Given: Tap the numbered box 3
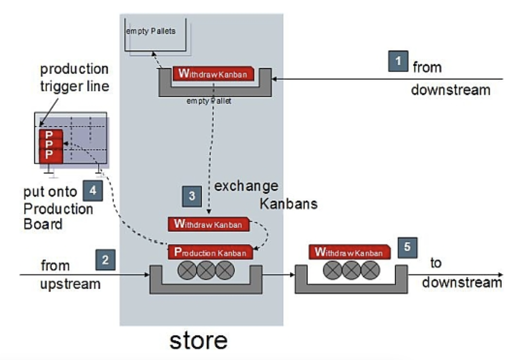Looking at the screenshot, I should [x=192, y=195].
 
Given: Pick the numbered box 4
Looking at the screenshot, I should [x=93, y=190].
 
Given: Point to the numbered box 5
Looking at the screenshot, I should [x=407, y=247].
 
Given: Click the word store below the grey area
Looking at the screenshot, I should [x=198, y=341].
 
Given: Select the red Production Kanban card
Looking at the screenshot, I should [x=211, y=252].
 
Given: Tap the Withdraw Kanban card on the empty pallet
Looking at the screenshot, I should [x=213, y=74].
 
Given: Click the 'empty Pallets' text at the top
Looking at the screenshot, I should [x=150, y=31].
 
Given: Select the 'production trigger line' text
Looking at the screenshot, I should [x=74, y=77].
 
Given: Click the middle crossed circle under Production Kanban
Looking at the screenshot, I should [x=206, y=271].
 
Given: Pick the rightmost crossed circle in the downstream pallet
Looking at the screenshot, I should [x=370, y=271].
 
